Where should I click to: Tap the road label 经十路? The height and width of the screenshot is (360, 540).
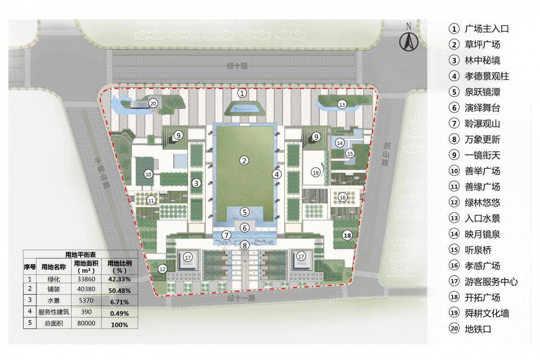pyautogui.click(x=237, y=66)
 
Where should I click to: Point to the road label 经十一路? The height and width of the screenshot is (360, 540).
pyautogui.click(x=241, y=298)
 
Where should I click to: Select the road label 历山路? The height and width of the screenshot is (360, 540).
pyautogui.click(x=386, y=154)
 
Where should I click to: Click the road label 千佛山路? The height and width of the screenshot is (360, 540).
pyautogui.click(x=102, y=173)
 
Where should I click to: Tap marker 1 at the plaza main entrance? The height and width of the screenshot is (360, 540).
pyautogui.click(x=242, y=93)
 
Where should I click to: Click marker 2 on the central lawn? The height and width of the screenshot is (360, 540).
pyautogui.click(x=244, y=161)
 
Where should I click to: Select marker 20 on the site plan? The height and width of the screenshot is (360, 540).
pyautogui.click(x=153, y=103)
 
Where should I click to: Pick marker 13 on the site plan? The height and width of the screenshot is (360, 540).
pyautogui.click(x=342, y=105)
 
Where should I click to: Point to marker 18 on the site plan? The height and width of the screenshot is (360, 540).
pyautogui.click(x=347, y=235)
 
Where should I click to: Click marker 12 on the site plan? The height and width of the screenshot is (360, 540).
pyautogui.click(x=162, y=269)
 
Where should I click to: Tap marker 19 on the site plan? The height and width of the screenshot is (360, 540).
pyautogui.click(x=315, y=173)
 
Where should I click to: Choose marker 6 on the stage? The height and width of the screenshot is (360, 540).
pyautogui.click(x=245, y=228)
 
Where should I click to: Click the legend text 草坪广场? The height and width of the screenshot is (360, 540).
pyautogui.click(x=482, y=45)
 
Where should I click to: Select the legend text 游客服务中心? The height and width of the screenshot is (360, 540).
pyautogui.click(x=491, y=282)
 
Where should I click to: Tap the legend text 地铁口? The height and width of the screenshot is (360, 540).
pyautogui.click(x=478, y=329)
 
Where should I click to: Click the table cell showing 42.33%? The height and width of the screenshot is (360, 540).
pyautogui.click(x=120, y=279)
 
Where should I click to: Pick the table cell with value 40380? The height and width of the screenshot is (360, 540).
pyautogui.click(x=86, y=289)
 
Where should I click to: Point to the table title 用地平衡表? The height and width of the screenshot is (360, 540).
pyautogui.click(x=81, y=254)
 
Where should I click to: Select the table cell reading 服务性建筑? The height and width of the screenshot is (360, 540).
pyautogui.click(x=54, y=312)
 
